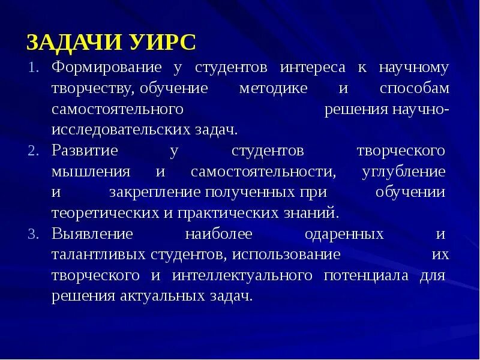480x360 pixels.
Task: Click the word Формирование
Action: coord(107,67)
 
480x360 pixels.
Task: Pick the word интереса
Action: coord(305,67)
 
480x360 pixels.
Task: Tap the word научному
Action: coord(413,67)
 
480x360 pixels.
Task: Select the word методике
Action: coord(273,88)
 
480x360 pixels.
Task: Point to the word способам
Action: coord(414,88)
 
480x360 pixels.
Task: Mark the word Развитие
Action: coord(85,150)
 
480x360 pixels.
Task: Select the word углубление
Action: coord(404,172)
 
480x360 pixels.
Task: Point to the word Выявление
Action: coord(92,233)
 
